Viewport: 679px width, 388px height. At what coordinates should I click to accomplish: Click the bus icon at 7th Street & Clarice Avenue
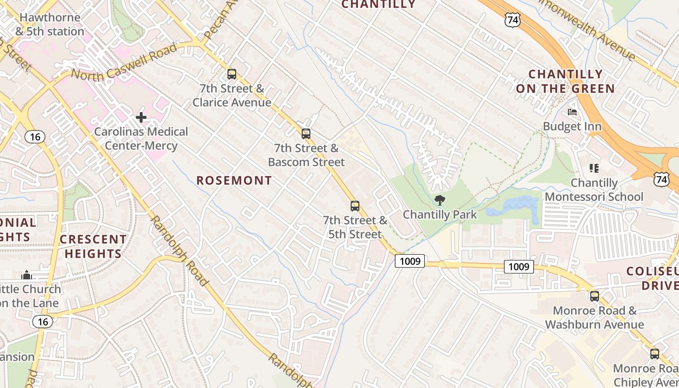pos(232,74)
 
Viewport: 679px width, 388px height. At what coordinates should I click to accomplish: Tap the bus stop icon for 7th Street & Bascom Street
pos(306,134)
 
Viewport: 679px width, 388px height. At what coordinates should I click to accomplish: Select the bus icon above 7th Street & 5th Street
pos(355,206)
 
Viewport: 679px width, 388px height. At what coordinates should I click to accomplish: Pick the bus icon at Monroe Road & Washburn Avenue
pos(595,296)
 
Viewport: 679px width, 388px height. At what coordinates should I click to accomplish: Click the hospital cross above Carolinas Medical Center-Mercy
pos(141,117)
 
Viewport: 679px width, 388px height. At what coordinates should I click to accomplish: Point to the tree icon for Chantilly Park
pos(440,200)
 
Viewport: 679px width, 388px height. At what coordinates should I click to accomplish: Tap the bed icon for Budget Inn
pos(572,113)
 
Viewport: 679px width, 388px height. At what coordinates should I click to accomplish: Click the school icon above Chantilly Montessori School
pos(594,168)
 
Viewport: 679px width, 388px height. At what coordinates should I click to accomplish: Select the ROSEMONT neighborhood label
pos(234,180)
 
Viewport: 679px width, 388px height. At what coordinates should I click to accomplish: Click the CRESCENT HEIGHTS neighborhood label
pos(93,246)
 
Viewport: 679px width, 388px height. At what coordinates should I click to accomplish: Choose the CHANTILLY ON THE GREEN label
pos(566,81)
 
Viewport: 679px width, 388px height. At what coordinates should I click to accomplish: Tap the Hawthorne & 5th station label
pos(50,24)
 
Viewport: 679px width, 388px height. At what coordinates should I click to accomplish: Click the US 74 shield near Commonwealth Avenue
pos(512,19)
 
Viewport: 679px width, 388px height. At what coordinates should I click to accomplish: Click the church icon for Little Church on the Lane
pos(27,275)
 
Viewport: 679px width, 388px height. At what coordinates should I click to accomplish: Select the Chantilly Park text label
pos(440,214)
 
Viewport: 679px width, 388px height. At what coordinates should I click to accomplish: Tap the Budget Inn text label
pos(572,127)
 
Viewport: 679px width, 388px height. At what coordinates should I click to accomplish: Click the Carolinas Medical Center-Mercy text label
pos(141,139)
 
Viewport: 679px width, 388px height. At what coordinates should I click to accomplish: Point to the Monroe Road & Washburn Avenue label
pos(595,318)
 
